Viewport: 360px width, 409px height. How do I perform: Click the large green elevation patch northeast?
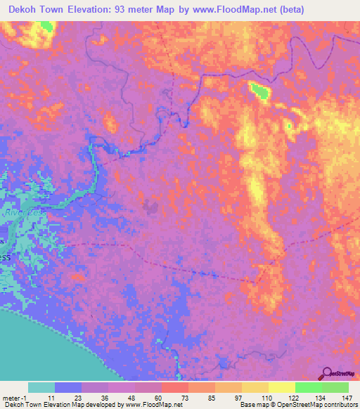coord(259,91)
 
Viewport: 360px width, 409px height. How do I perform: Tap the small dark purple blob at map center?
coord(150,207)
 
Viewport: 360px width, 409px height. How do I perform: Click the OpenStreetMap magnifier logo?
coord(326,374)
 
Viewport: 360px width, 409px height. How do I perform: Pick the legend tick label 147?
coord(347,398)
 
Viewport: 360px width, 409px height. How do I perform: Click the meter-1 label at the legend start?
coord(13,398)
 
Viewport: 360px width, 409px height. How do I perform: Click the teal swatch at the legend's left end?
coord(41,387)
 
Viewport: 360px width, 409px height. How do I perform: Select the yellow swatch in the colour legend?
coord(281,387)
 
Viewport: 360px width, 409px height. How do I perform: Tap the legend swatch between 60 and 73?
coord(174,387)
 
